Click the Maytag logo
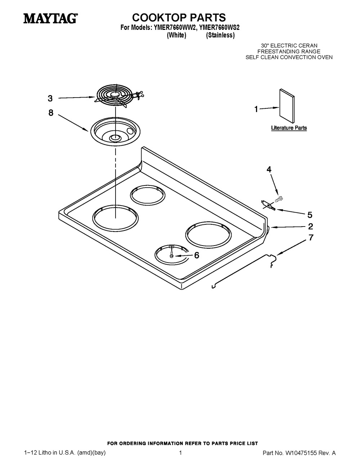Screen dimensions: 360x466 coord(50,19)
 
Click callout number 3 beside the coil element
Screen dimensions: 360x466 coord(50,98)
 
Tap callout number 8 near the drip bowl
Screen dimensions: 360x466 coord(51,113)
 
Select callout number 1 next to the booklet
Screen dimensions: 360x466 coord(256,109)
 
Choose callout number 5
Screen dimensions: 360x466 coord(310,215)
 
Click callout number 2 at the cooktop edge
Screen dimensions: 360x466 coord(310,226)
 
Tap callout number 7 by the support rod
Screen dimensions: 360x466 coord(311,237)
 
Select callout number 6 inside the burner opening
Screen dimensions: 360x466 coord(197,255)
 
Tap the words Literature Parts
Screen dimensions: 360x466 coord(289,128)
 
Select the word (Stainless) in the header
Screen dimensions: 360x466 coord(220,35)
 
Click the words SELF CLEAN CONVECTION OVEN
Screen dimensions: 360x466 coord(289,57)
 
